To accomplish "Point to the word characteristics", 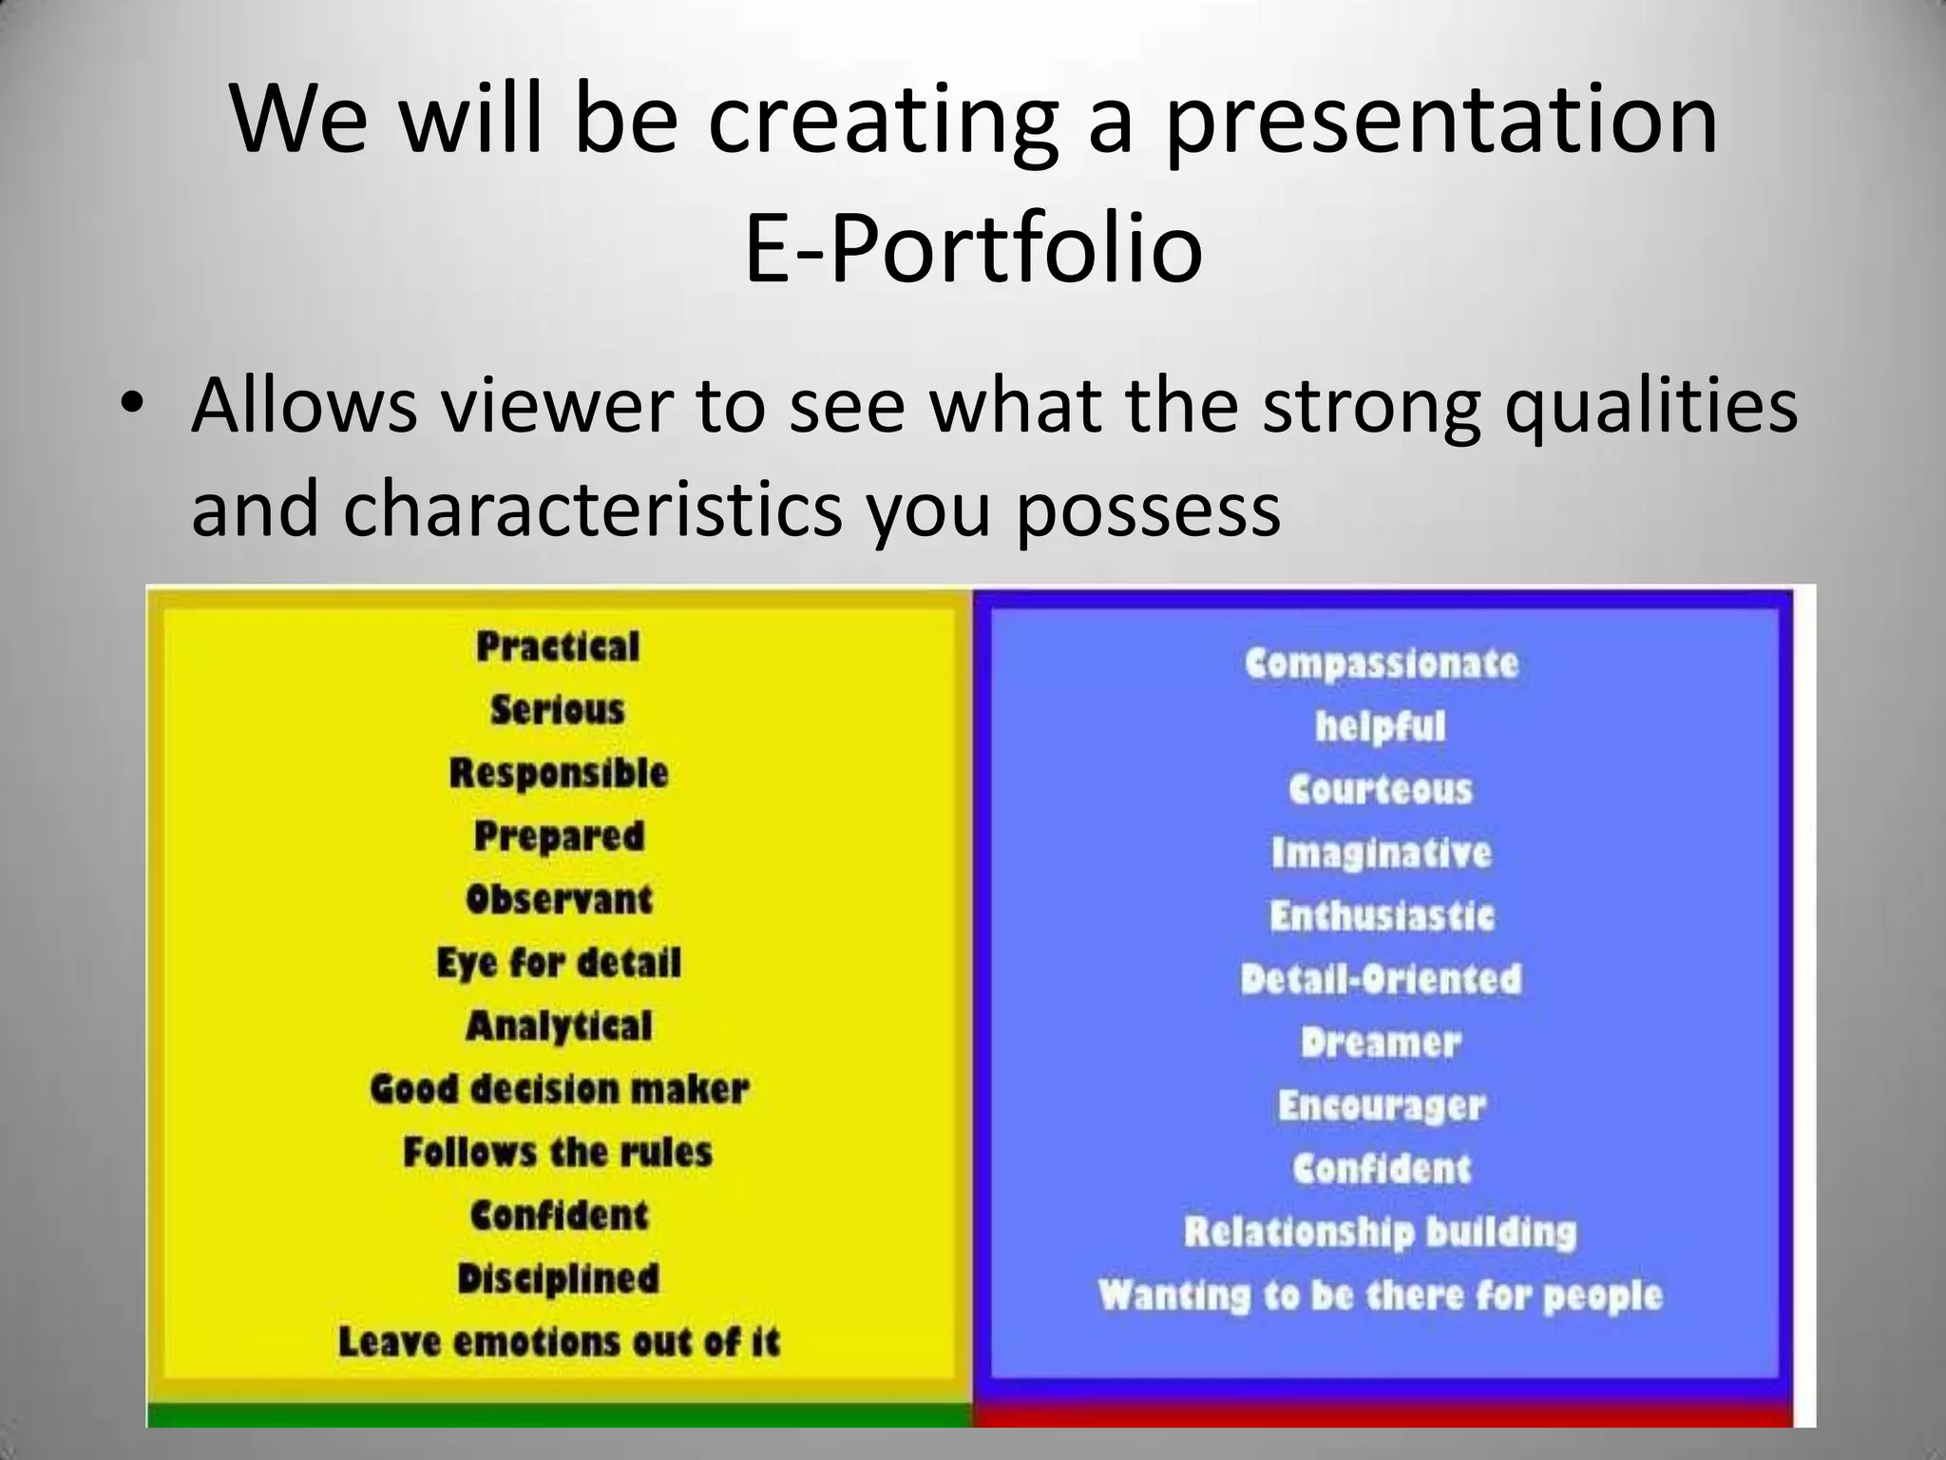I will click(592, 509).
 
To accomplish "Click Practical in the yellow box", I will click(558, 647).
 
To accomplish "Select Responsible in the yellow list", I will click(559, 773).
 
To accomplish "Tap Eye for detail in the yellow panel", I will click(559, 963).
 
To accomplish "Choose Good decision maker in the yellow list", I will click(559, 1089).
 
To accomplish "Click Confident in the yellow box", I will click(559, 1216).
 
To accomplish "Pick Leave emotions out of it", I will click(559, 1342).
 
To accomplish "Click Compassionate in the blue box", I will click(1382, 663).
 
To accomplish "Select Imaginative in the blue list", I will click(1382, 853).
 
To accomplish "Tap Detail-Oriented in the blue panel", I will click(1382, 979).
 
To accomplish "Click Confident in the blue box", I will click(1382, 1169).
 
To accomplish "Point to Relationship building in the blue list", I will click(1380, 1233).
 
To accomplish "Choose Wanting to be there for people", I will click(1380, 1296).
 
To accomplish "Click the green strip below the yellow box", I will click(559, 1415).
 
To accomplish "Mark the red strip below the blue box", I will click(1382, 1415).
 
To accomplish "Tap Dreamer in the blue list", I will click(1382, 1043).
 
